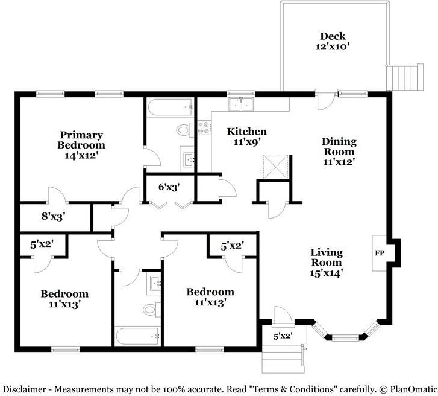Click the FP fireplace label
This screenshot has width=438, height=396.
click(x=380, y=253)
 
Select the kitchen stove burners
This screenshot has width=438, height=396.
click(x=204, y=127)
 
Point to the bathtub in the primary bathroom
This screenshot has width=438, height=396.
click(x=170, y=107)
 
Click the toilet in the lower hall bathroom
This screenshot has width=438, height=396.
click(x=152, y=310)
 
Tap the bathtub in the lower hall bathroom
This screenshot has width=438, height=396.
click(x=137, y=336)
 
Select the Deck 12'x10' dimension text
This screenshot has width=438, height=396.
click(x=333, y=46)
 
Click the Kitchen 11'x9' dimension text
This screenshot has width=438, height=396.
click(x=247, y=142)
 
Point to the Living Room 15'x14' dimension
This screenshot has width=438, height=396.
click(x=327, y=273)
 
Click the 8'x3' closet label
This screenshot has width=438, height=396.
click(x=54, y=216)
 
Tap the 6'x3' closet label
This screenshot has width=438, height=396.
click(x=169, y=187)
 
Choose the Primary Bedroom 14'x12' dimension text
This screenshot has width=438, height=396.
click(x=81, y=155)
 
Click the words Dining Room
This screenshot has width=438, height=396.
click(x=339, y=146)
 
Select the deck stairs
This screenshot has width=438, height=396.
click(x=405, y=77)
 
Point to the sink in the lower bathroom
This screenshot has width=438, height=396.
click(x=154, y=285)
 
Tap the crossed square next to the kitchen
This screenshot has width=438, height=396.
click(x=276, y=167)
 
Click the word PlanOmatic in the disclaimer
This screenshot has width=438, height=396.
click(x=413, y=389)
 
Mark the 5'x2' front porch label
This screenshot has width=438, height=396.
click(x=283, y=336)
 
